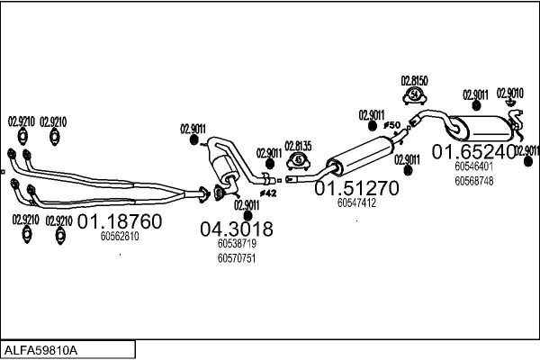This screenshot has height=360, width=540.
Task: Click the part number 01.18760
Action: pos(120,221)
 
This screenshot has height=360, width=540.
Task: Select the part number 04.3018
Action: pos(236,229)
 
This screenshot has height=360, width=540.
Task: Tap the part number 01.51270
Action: pos(356,188)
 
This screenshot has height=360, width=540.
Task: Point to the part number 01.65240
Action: pos(474,152)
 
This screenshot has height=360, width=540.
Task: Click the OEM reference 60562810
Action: pos(120,237)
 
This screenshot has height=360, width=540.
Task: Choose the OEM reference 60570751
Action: pos(237,258)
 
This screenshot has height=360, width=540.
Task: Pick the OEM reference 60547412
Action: pos(356,202)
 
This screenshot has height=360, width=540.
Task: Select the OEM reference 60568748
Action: pos(474,181)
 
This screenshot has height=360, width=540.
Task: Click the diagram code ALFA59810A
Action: pos(41,350)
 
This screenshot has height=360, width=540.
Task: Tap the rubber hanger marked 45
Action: pos(298,161)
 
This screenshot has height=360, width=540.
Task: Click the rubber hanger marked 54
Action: pos(415,95)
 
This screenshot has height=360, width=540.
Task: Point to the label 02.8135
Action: pos(298,146)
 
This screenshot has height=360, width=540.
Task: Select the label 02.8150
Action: pos(414,81)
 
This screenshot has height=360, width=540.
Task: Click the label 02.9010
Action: pos(510,93)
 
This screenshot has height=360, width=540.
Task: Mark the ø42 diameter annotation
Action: pos(268,193)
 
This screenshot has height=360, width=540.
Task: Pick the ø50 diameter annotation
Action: pos(391,125)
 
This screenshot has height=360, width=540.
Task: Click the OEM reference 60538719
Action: pos(237,244)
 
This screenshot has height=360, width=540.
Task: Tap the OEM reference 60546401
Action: pos(474,166)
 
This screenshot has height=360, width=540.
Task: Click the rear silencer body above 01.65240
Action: pos(481,129)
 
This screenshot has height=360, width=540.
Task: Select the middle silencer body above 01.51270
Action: pos(360,156)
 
